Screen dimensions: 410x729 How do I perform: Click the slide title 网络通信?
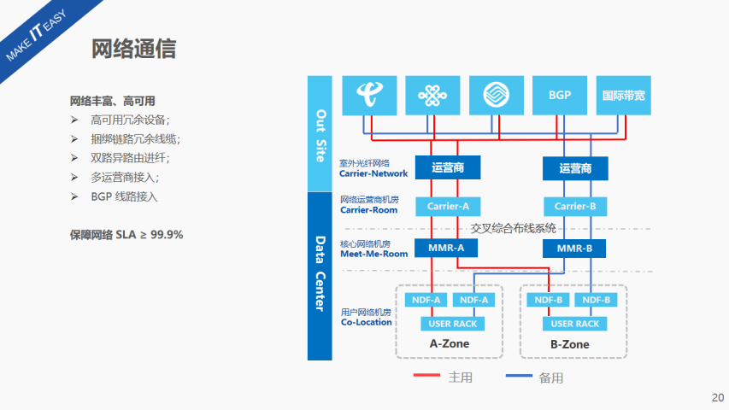(x=133, y=49)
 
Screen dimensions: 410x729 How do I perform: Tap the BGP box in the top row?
(x=560, y=96)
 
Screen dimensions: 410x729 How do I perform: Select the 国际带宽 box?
(x=623, y=96)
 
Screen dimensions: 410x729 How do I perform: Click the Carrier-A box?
(x=448, y=206)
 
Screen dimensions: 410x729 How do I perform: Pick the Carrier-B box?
(x=574, y=206)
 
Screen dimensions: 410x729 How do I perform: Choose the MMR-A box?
(x=448, y=249)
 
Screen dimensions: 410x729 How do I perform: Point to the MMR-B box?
(x=574, y=249)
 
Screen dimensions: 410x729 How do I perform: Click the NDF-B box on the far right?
(x=595, y=300)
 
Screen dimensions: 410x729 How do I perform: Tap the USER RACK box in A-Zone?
(x=453, y=324)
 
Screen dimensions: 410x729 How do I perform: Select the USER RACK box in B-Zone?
(x=574, y=324)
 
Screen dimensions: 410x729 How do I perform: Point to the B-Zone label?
(x=569, y=344)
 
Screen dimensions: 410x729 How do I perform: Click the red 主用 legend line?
(x=427, y=377)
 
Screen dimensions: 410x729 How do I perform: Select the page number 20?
(x=717, y=397)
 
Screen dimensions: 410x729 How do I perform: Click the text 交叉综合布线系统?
(x=513, y=228)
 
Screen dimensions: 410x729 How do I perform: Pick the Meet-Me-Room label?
(x=374, y=254)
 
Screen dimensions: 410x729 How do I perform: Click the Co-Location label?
(x=367, y=322)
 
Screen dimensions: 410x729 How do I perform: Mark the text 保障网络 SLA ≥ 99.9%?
(x=126, y=234)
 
